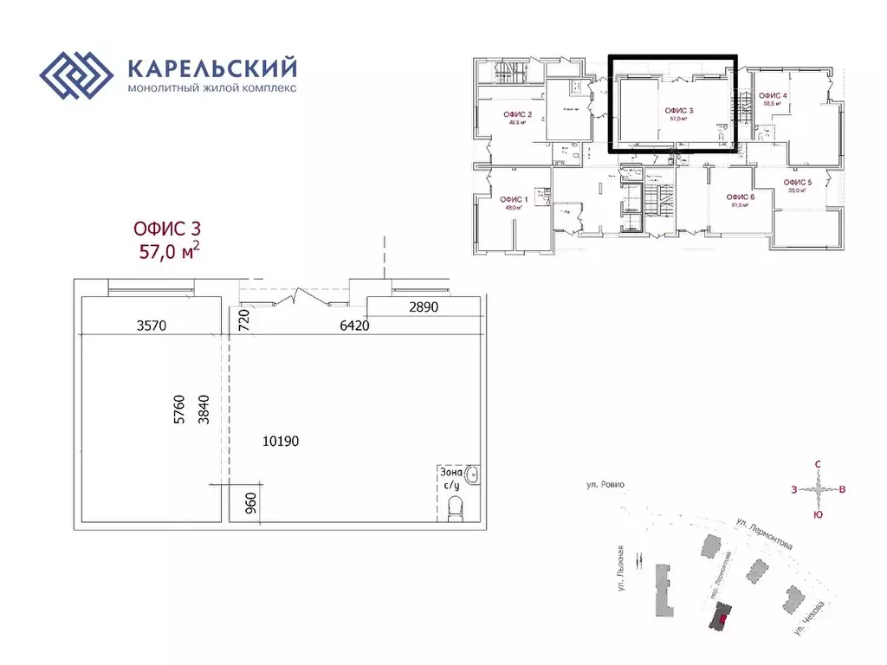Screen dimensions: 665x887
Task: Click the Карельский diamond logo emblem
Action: click(x=77, y=77)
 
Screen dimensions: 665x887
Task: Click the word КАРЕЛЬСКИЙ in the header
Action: click(x=212, y=68)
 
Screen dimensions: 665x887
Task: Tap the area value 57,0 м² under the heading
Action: click(x=170, y=251)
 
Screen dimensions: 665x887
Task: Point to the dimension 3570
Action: click(x=152, y=326)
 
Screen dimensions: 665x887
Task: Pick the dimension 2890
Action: click(x=424, y=307)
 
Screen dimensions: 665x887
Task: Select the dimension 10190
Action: click(x=280, y=441)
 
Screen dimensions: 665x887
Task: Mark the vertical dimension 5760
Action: click(x=180, y=409)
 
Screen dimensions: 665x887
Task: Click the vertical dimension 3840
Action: click(x=204, y=409)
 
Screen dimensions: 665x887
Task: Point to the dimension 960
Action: click(x=250, y=503)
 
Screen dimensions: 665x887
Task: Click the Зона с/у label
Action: click(x=451, y=479)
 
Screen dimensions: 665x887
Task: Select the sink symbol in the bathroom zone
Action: click(x=472, y=475)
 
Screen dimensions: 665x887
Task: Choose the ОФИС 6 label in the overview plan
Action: click(x=741, y=197)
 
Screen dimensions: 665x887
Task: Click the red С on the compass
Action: click(x=818, y=464)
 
